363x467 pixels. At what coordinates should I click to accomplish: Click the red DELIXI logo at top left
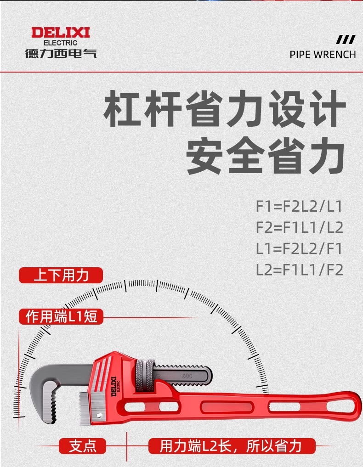(x=61, y=33)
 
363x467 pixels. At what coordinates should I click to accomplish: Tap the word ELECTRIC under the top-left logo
(x=61, y=43)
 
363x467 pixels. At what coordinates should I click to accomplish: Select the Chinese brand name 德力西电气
(x=61, y=53)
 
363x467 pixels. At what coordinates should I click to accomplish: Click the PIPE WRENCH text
(x=323, y=55)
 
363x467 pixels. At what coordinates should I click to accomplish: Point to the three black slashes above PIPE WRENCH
(x=346, y=39)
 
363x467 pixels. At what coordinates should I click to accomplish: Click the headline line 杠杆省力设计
(x=225, y=109)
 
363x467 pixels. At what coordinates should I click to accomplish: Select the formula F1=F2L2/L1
(x=299, y=206)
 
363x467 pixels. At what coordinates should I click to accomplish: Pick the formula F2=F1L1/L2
(x=299, y=227)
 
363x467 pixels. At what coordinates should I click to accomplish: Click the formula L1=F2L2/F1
(x=299, y=248)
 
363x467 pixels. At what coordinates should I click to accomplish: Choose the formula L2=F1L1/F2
(x=299, y=270)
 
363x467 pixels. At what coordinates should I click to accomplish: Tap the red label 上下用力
(x=61, y=276)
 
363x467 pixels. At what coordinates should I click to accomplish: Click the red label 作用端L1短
(x=61, y=316)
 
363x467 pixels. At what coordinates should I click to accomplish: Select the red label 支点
(x=83, y=446)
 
